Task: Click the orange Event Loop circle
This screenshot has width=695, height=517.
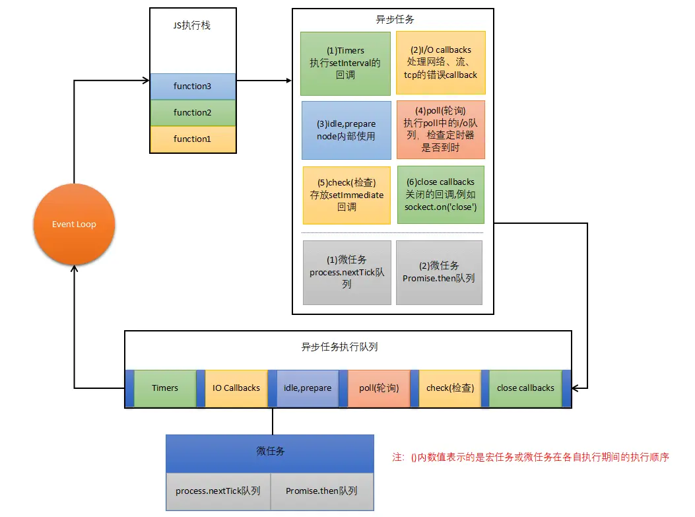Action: (74, 224)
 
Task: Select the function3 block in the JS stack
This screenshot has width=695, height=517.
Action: (193, 86)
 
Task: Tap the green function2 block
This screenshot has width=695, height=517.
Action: (193, 113)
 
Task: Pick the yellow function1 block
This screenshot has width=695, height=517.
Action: (193, 139)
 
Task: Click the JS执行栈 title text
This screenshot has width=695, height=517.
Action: (192, 25)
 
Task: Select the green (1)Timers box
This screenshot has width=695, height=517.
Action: (345, 63)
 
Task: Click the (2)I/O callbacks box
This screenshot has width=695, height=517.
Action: (441, 63)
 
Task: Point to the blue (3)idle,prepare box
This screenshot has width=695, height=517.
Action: (346, 130)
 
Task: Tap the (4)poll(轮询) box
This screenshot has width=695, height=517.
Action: (441, 129)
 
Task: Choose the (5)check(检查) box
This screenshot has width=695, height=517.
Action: (347, 195)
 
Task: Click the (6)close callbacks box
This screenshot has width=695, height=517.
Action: (441, 195)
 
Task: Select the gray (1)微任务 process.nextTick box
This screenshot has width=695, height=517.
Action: (347, 273)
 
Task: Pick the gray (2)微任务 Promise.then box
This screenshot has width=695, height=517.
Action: (439, 273)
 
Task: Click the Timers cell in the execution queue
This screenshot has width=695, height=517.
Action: (165, 388)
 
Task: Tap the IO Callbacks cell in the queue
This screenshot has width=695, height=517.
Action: (236, 388)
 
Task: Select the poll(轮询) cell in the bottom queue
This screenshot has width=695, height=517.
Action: (379, 388)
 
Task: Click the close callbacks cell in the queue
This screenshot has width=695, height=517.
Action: (525, 388)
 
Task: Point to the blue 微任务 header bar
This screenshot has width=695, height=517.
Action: (270, 454)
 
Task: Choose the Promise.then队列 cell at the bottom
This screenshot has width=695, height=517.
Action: (322, 491)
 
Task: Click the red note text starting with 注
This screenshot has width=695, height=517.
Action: (531, 457)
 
